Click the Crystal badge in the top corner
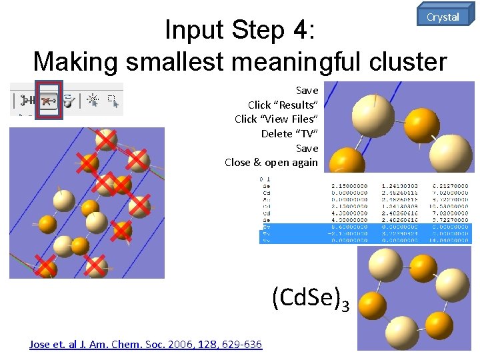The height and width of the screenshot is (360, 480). pos(443,17)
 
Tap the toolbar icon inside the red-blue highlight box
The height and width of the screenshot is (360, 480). pos(48,100)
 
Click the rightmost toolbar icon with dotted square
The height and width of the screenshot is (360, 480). pos(112,101)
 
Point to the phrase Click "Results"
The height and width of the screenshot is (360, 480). pos(283,105)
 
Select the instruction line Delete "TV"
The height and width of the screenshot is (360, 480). pos(289,133)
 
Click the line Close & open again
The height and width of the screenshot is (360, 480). pos(271,162)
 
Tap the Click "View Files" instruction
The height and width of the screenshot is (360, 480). pos(276,119)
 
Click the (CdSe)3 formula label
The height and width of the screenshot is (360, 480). pos(310,299)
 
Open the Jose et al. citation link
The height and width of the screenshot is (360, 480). pos(145,344)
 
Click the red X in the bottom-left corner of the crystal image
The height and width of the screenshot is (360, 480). pos(45,267)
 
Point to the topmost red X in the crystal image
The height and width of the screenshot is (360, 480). pos(105,139)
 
